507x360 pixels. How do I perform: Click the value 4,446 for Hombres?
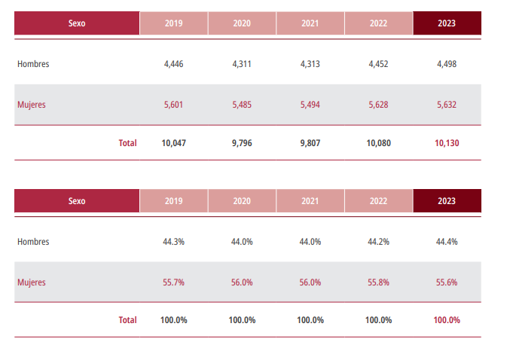[x=173, y=64]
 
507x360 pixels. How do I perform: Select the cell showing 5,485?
[x=242, y=105]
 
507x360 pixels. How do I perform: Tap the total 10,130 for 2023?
[x=446, y=142]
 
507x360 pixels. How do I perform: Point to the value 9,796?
[x=242, y=142]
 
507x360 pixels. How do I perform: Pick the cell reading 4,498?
[x=446, y=64]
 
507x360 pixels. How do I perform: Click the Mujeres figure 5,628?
[x=378, y=105]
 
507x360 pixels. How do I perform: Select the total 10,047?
[x=173, y=142]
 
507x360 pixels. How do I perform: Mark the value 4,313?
[x=310, y=64]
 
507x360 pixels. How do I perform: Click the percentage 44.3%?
[x=173, y=242]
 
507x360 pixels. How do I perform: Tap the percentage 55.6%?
[x=446, y=282]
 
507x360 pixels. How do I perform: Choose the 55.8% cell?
[x=378, y=282]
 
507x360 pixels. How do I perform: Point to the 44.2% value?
[x=378, y=242]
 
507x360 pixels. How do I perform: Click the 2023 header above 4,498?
[x=446, y=23]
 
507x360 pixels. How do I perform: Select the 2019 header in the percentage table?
[x=173, y=201]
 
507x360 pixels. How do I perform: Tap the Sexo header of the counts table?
[x=77, y=23]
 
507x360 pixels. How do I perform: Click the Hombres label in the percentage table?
[x=33, y=242]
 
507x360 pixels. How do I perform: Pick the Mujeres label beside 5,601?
[x=32, y=105]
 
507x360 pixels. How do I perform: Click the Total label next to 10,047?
[x=127, y=142]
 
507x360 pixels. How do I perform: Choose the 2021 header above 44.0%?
[x=310, y=201]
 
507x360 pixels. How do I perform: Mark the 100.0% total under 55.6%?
[x=446, y=320]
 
